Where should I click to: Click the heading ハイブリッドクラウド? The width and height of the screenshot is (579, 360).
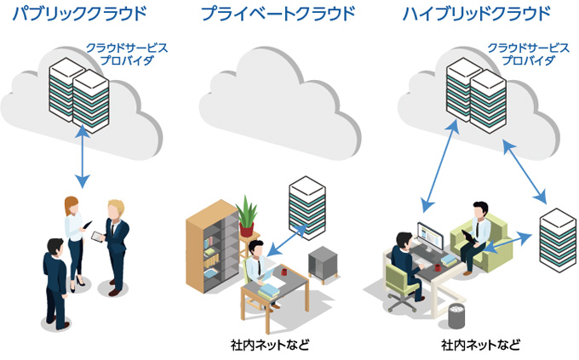click(477, 14)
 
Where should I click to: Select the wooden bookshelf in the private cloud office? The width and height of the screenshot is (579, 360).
click(213, 248)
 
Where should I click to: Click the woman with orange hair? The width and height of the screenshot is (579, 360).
click(73, 239)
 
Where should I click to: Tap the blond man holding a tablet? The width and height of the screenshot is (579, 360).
click(117, 242)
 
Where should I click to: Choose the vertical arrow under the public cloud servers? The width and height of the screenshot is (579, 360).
click(82, 157)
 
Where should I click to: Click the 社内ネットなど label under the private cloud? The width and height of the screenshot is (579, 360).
click(269, 345)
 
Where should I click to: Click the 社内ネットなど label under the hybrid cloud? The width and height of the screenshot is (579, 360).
click(479, 345)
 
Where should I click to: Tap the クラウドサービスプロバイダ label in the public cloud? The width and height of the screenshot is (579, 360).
click(126, 54)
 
